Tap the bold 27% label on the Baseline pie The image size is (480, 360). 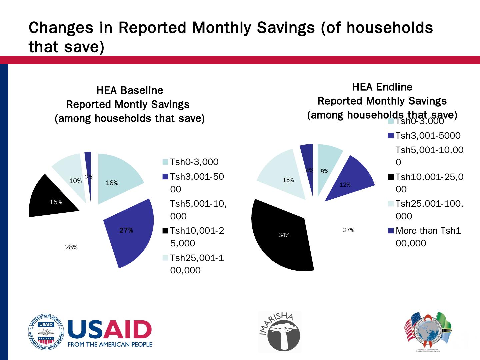click(x=126, y=230)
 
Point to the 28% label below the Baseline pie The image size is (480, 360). click(x=71, y=247)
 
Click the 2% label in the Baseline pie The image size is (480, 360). click(x=89, y=178)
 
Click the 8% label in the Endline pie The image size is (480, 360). click(x=324, y=172)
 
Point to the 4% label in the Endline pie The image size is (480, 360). click(x=309, y=170)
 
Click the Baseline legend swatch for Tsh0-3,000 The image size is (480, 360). click(x=165, y=162)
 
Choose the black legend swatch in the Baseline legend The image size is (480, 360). click(x=165, y=230)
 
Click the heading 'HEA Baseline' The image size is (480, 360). click(x=130, y=90)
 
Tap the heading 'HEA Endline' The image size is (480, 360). click(x=382, y=87)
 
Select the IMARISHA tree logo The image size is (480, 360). click(x=280, y=332)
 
